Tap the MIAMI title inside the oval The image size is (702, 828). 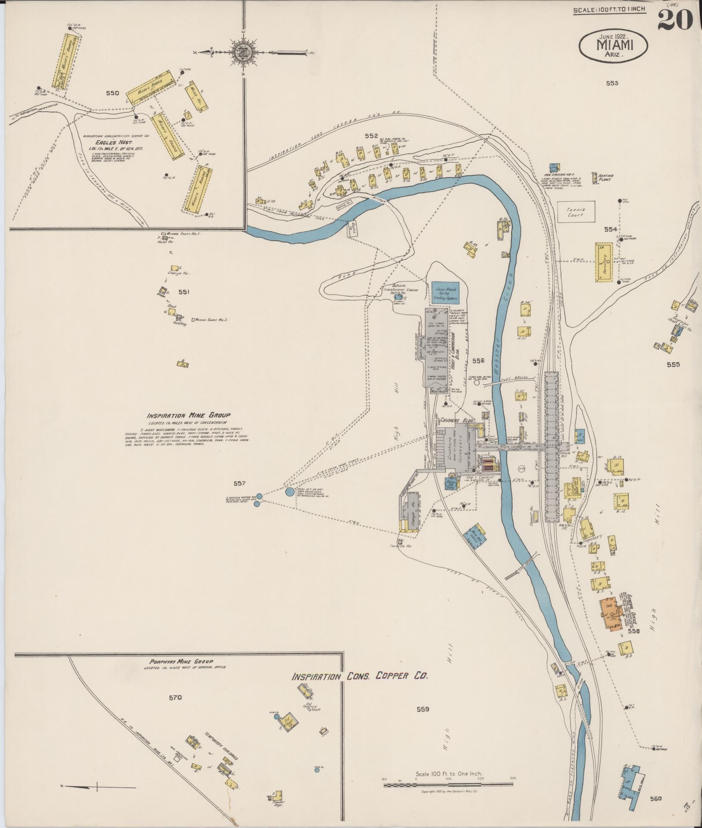tap(614, 44)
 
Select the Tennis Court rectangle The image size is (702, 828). tap(576, 212)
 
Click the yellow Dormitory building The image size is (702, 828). tap(604, 262)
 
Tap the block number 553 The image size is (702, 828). tap(611, 83)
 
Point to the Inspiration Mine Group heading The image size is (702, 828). tap(188, 416)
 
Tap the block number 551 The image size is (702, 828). tap(184, 292)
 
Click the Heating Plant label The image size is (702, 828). tap(605, 178)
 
